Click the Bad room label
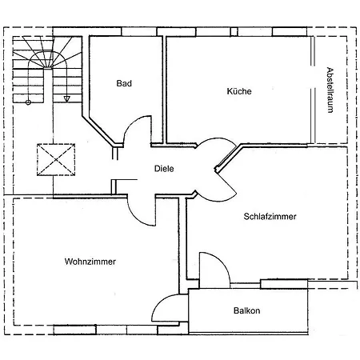click(x=124, y=83)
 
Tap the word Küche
click(x=239, y=91)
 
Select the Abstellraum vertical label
click(x=330, y=90)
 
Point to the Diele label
click(x=164, y=169)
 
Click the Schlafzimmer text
click(x=270, y=216)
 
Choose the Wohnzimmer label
click(x=90, y=262)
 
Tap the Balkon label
click(x=246, y=310)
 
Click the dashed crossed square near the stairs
click(x=56, y=160)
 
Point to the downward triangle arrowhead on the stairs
click(x=66, y=99)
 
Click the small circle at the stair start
click(x=28, y=102)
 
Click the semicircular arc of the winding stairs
click(x=47, y=52)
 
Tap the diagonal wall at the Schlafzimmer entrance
click(x=228, y=158)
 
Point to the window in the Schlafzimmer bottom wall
click(x=284, y=284)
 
